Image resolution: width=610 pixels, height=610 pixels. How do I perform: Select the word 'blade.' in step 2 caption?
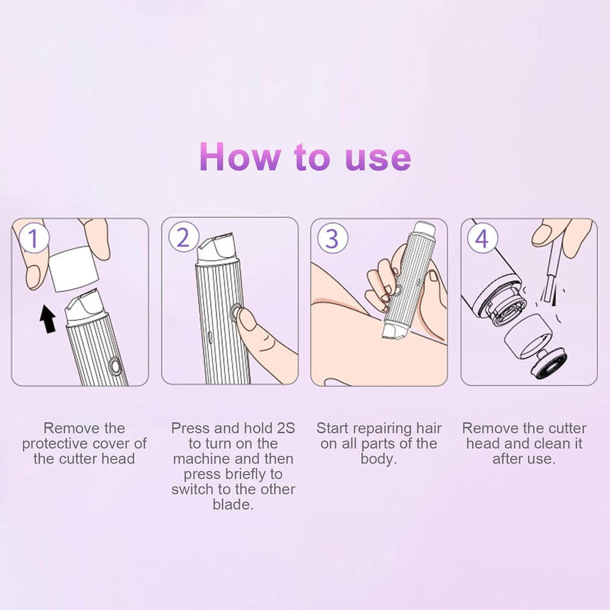(x=232, y=504)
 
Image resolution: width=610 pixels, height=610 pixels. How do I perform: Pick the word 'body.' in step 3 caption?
(x=378, y=459)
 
